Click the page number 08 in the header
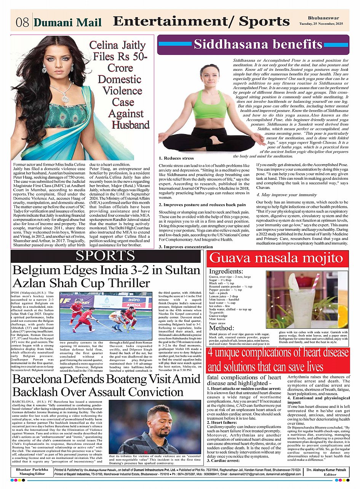[22, 22]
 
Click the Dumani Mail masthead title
[68, 23]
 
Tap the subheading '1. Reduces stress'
[176, 158]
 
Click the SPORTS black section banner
[106, 256]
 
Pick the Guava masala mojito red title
[277, 258]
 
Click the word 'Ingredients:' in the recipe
[226, 271]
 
